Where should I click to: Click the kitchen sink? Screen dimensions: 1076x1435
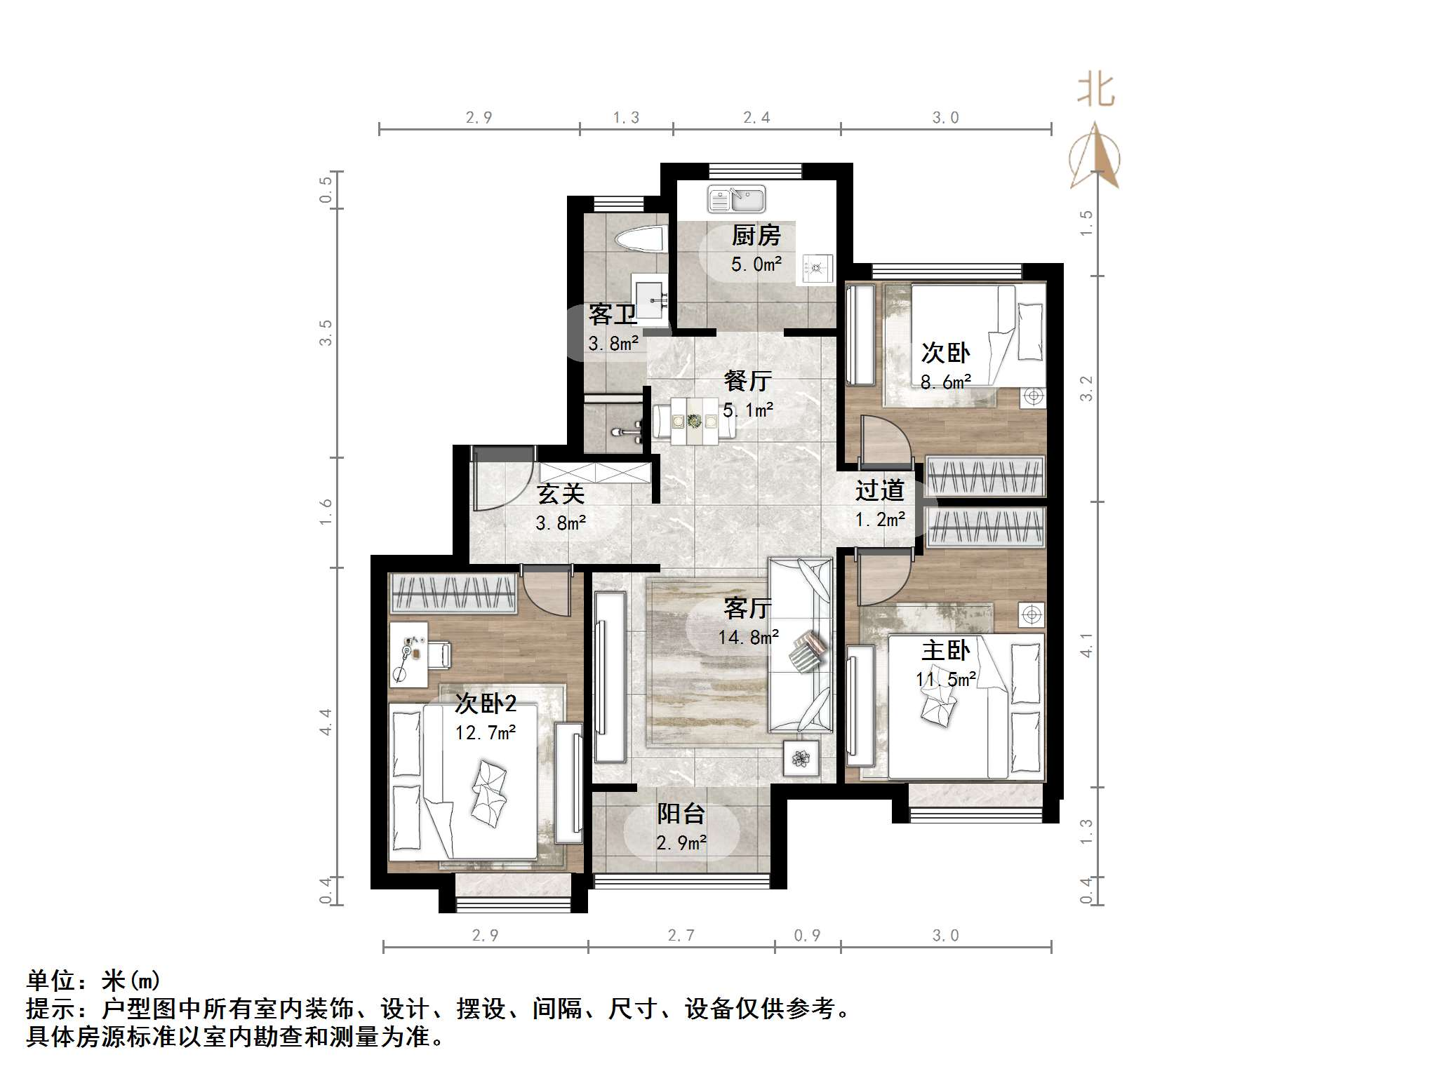pos(736,199)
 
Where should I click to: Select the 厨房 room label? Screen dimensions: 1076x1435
pos(756,236)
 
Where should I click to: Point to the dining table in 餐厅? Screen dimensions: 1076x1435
pos(694,422)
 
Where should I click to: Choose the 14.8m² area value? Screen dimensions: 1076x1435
pos(748,638)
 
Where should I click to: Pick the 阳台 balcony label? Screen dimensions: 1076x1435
pos(681,814)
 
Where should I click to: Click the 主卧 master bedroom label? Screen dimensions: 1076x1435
pos(945,651)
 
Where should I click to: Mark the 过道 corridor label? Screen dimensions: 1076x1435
pos(879,490)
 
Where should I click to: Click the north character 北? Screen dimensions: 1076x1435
pos(1095,91)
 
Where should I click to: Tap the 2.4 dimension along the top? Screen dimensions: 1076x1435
pos(756,118)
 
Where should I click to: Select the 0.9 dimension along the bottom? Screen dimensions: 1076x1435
pos(807,936)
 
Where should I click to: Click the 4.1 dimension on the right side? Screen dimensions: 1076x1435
pos(1086,645)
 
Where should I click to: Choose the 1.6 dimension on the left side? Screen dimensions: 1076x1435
pos(326,512)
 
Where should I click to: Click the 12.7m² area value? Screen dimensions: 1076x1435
pos(485,733)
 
